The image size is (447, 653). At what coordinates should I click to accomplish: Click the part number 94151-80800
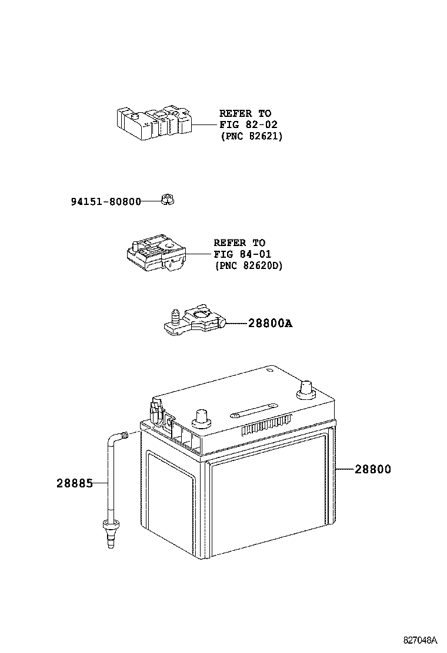click(106, 202)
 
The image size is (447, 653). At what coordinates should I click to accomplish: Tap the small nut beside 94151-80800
click(169, 200)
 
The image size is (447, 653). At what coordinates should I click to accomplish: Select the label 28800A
click(269, 324)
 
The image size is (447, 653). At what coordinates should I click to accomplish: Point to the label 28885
click(75, 483)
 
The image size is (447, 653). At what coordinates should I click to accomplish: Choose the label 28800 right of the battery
click(372, 469)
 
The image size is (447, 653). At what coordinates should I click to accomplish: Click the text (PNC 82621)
click(251, 136)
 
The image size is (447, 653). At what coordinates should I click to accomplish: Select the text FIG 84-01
click(242, 254)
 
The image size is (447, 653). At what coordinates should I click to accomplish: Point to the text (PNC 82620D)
click(248, 266)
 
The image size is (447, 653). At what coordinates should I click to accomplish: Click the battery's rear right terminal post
click(306, 389)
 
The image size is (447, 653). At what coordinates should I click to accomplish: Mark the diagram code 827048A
click(421, 639)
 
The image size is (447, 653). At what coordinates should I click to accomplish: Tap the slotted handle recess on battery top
click(253, 408)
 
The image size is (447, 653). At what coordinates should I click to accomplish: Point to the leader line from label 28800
click(344, 469)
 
